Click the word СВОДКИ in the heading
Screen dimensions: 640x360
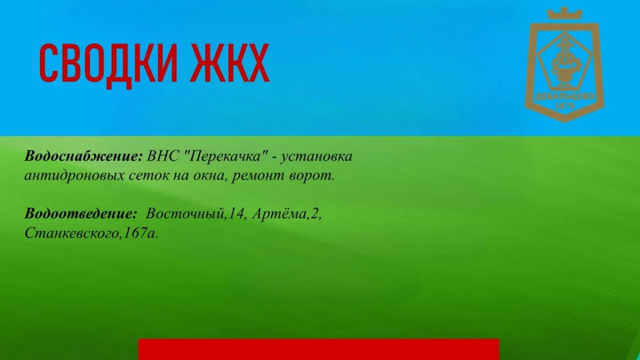108,63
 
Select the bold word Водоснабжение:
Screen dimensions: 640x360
83,157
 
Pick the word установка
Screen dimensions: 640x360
316,157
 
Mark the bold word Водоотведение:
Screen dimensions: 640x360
81,213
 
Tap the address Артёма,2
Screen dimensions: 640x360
286,214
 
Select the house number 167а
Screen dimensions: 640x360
140,233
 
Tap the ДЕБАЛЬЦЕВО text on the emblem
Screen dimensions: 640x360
565,97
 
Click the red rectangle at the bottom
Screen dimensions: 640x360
318,349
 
